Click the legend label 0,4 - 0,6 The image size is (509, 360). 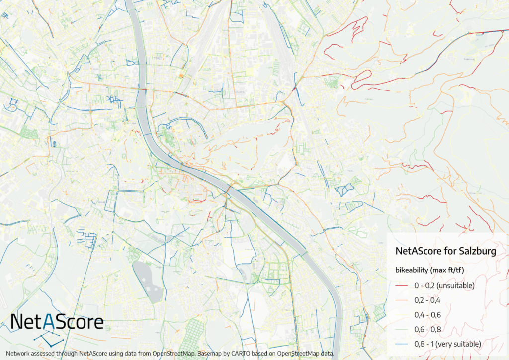pyautogui.click(x=427, y=315)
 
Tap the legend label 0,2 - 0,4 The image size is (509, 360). pyautogui.click(x=427, y=300)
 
